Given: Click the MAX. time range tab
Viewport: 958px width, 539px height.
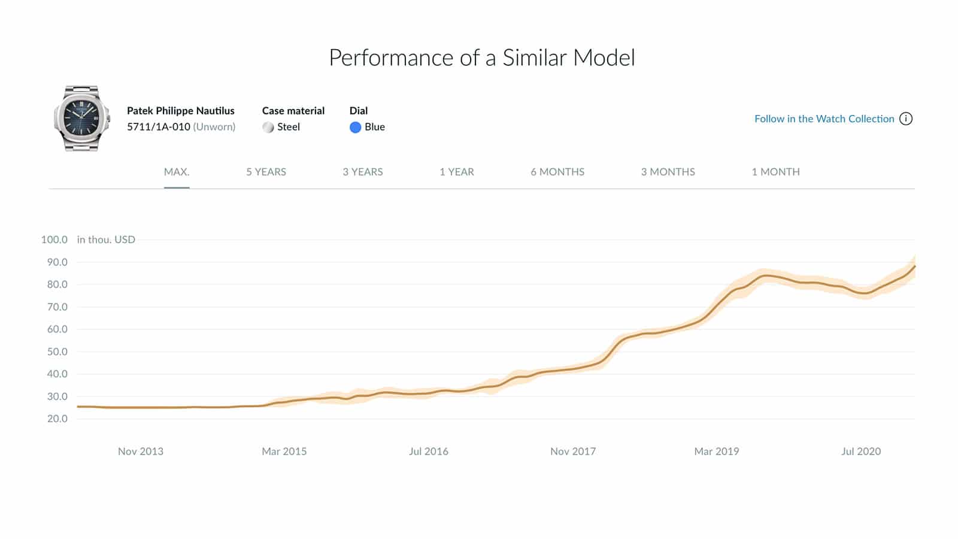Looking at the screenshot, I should [x=177, y=172].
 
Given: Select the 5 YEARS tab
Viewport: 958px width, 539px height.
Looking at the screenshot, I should [x=266, y=172].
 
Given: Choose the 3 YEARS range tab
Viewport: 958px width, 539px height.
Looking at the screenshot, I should [x=362, y=172].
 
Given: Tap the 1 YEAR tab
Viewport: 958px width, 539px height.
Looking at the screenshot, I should [x=456, y=172].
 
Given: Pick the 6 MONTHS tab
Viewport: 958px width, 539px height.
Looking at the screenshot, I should [x=557, y=172].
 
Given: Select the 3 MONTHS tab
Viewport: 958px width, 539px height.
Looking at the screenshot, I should [x=668, y=172].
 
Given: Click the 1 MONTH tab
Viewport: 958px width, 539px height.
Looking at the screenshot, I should [x=775, y=172].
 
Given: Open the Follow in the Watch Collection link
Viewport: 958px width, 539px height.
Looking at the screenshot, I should [x=824, y=119].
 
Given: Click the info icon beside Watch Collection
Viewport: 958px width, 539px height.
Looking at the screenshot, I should [x=906, y=119].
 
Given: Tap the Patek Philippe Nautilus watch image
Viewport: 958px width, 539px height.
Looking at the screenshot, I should [x=82, y=118].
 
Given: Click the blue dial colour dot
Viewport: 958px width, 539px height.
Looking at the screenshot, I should [x=355, y=127].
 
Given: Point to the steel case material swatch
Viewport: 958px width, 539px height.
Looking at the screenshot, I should [x=268, y=127].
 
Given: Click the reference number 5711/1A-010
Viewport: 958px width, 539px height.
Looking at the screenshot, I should [x=159, y=127].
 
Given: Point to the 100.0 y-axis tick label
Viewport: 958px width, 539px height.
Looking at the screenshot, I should [x=54, y=240].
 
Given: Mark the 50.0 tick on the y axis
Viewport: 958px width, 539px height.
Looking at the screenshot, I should [x=57, y=352].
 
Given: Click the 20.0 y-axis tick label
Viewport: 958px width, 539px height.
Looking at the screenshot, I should [x=57, y=419].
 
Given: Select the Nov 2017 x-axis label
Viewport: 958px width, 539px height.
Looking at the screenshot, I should [x=573, y=452].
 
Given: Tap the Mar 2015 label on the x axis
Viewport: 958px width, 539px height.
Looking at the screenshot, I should [x=284, y=452].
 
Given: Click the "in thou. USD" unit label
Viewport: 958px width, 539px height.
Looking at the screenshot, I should [x=106, y=240].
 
